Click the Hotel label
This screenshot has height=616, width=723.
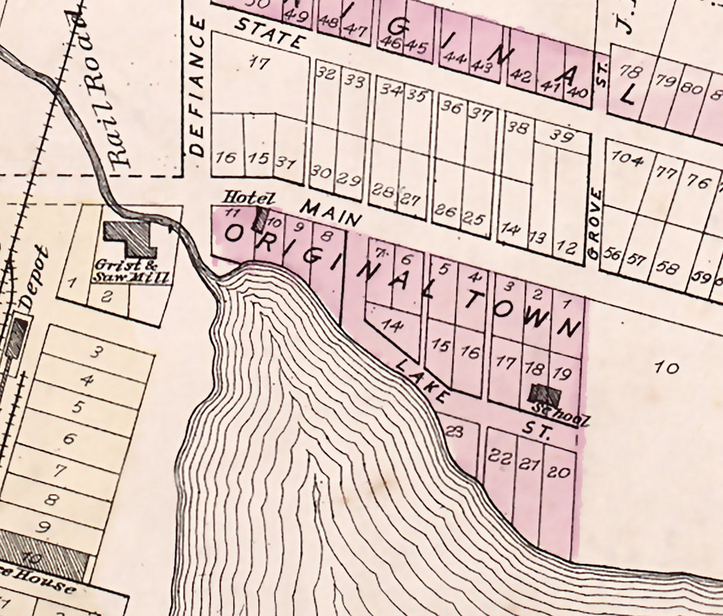241,197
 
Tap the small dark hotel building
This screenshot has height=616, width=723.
260,219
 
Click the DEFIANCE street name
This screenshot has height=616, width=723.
198,87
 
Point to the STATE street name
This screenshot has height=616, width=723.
269,33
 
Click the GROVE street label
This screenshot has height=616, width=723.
594,223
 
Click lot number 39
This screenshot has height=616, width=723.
560,136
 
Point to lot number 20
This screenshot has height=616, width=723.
558,473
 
